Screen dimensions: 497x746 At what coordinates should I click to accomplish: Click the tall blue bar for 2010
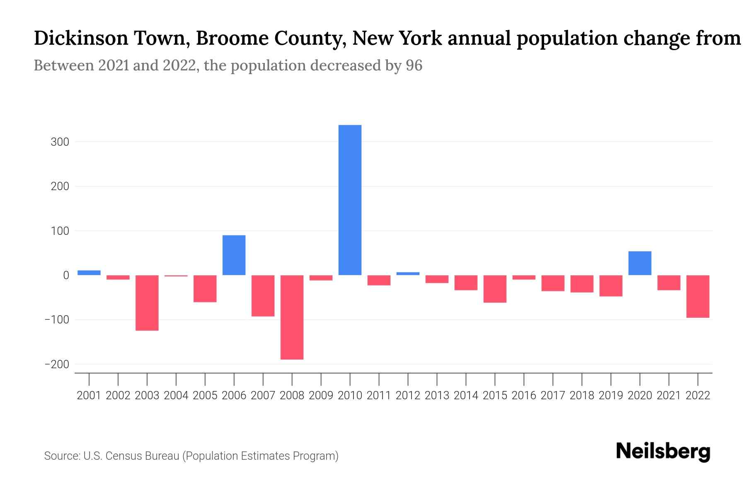(350, 200)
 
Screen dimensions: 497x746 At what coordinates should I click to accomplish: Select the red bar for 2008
(292, 317)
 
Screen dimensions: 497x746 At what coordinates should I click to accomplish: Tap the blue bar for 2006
(234, 255)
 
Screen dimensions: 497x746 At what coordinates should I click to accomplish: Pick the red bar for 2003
(147, 303)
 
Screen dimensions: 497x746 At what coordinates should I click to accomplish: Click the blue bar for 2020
(639, 263)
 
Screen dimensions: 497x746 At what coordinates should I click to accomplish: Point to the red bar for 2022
(698, 297)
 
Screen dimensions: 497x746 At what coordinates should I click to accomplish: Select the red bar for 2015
(495, 289)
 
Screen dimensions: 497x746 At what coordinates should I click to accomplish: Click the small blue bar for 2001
(89, 273)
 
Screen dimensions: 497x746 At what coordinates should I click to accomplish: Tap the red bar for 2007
(263, 296)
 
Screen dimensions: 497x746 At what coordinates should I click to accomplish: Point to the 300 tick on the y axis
(60, 142)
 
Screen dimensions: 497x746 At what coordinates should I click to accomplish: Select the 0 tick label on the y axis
(66, 275)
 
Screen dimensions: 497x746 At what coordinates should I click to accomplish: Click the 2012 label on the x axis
(408, 396)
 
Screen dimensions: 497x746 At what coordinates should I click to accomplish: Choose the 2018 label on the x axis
(582, 396)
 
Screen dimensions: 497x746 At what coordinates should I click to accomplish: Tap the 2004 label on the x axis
(176, 396)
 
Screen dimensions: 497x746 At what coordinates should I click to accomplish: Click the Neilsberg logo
(663, 451)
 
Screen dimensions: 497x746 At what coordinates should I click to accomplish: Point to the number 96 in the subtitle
(414, 65)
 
